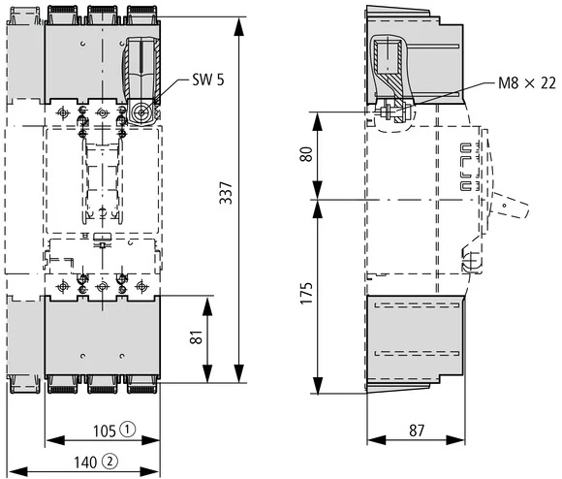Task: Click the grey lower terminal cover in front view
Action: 102,335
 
